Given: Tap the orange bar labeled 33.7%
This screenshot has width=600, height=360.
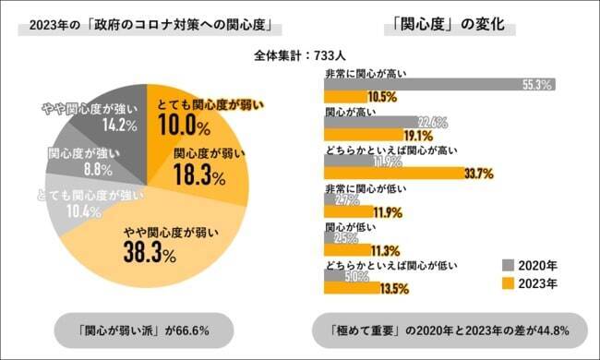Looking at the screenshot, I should (x=388, y=173).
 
